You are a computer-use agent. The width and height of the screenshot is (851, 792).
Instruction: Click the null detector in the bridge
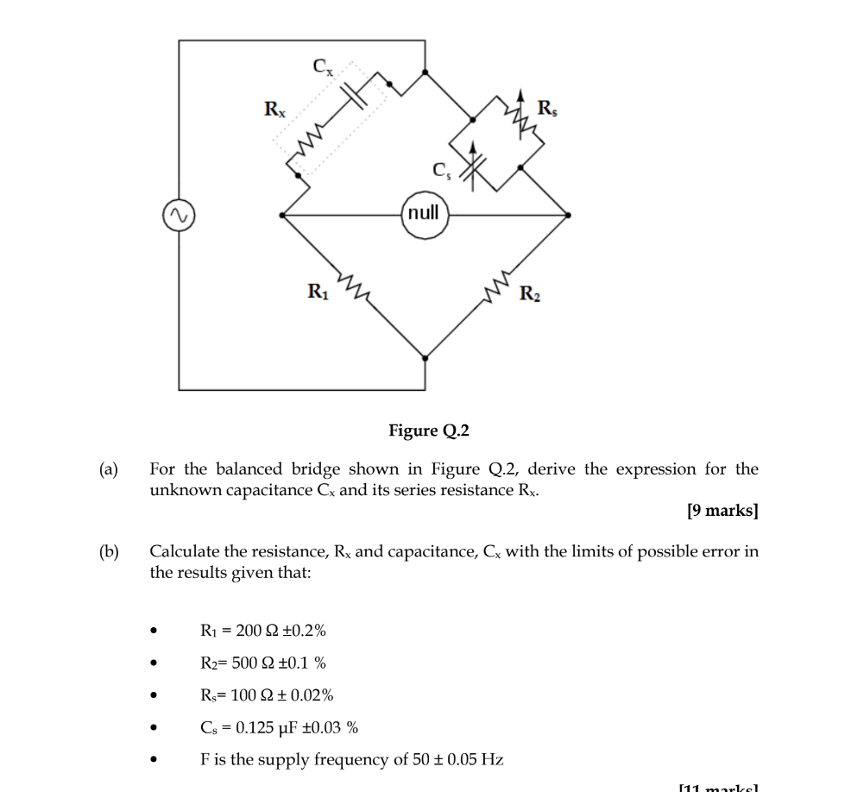point(424,213)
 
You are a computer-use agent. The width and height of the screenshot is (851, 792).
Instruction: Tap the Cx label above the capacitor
point(321,66)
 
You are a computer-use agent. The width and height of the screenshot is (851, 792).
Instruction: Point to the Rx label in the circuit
point(274,110)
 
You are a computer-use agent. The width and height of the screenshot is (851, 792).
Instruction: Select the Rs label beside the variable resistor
point(547,109)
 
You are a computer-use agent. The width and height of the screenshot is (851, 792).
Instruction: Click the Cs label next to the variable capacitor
point(441,170)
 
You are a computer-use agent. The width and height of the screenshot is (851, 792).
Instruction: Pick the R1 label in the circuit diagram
point(318,292)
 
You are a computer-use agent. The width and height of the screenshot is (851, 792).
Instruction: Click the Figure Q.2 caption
point(429,430)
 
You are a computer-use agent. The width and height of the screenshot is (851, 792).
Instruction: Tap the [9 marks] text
point(723,511)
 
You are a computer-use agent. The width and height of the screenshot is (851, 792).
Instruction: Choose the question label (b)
point(108,551)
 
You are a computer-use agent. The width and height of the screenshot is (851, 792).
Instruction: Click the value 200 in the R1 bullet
point(249,631)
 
